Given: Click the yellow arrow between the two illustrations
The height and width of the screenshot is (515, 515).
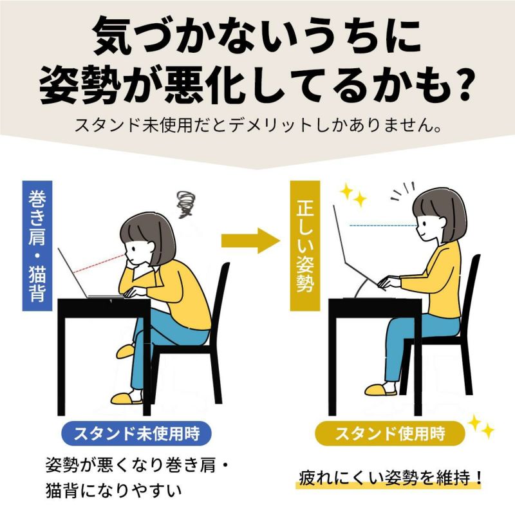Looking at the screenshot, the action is (x=250, y=241).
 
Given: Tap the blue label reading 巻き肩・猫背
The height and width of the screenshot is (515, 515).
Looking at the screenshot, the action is (x=37, y=246).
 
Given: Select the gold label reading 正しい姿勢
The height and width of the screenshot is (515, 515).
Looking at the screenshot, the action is (x=304, y=246).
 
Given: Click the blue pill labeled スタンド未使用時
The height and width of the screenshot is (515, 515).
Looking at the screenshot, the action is (x=136, y=433).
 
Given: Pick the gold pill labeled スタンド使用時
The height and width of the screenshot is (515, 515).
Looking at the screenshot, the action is (x=390, y=433).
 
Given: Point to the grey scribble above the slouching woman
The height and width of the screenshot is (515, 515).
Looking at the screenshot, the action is (x=185, y=204).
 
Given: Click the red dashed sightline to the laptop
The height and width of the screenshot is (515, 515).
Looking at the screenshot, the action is (x=99, y=263).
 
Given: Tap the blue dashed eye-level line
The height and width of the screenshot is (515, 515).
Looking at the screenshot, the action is (x=383, y=226).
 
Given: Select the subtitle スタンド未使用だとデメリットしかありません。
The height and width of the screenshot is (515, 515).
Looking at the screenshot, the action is (x=258, y=125).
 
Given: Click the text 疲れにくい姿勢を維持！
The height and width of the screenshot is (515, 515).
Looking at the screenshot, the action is (x=390, y=478).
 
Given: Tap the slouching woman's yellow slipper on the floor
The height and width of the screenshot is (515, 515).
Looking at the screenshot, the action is (x=127, y=398).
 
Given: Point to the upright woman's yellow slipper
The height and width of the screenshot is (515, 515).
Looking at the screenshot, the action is (x=381, y=390).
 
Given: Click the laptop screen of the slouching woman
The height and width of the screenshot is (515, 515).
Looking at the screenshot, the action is (x=73, y=272).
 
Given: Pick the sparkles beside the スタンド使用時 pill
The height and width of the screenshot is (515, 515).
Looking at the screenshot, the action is (x=480, y=426).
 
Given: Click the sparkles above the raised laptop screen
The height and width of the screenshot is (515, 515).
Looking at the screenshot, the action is (x=353, y=195).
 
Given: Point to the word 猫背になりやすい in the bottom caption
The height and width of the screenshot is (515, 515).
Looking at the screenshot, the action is (x=114, y=491).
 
